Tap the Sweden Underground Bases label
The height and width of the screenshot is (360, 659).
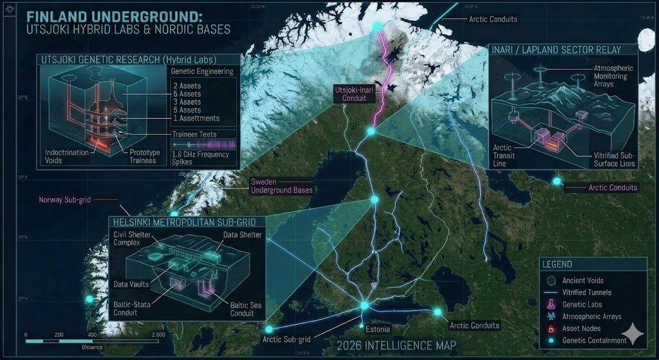282,186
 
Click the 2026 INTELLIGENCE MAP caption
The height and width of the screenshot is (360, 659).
396,346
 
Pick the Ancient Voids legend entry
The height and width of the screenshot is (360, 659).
582,281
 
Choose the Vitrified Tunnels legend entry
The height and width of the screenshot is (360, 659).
587,292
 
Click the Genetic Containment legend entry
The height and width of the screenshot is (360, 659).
594,340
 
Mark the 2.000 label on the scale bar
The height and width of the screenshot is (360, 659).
157,336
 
